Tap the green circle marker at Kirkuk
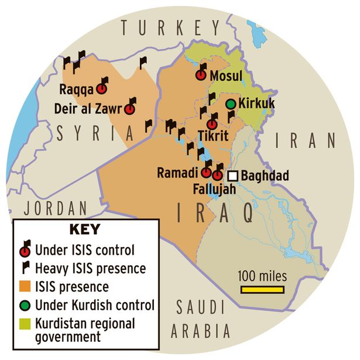tap(232, 104)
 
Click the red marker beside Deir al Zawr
tap(130, 109)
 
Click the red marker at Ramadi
tap(206, 173)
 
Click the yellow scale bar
tap(262, 289)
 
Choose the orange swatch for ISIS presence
tap(25, 287)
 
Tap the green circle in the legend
tap(25, 304)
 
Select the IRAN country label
tap(306, 140)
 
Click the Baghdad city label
tap(265, 176)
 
